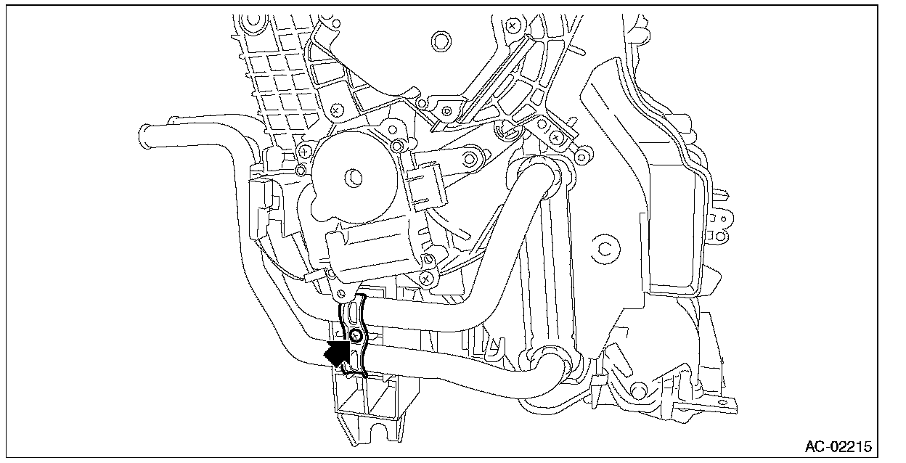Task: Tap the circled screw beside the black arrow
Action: click(356, 335)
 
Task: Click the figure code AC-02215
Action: click(838, 445)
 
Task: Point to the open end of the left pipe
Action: click(143, 134)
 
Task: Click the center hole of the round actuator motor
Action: click(354, 176)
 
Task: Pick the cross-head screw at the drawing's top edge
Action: click(513, 25)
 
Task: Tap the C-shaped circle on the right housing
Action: click(604, 249)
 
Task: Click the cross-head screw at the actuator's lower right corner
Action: click(428, 276)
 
